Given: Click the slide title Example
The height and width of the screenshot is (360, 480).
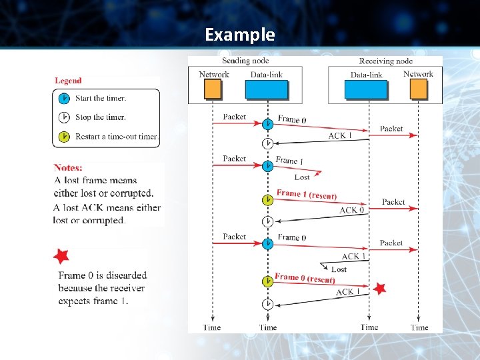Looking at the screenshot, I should click(239, 34).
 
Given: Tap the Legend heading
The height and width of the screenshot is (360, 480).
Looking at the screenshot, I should click(68, 81).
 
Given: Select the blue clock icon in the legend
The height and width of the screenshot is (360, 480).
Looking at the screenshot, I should click(64, 98).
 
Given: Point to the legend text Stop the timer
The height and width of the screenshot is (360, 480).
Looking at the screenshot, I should click(101, 117).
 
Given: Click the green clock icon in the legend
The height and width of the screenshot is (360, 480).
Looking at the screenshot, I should click(64, 137).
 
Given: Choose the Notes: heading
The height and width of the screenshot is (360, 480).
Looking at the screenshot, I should click(68, 168).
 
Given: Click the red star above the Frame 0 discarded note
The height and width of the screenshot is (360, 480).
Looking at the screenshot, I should click(61, 255).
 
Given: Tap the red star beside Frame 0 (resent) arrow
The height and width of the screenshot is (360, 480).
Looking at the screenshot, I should click(379, 289).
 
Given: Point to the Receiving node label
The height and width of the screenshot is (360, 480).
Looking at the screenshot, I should click(386, 61).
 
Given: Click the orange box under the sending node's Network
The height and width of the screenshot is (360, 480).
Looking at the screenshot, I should click(213, 89).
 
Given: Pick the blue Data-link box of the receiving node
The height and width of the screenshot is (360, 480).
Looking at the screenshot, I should click(366, 89).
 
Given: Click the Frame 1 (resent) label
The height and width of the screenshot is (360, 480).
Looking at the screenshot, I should click(306, 195).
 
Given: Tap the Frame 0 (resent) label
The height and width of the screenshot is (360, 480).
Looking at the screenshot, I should click(304, 279).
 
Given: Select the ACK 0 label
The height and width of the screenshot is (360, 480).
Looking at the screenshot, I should click(352, 210).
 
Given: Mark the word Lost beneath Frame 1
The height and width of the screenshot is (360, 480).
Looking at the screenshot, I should click(302, 177).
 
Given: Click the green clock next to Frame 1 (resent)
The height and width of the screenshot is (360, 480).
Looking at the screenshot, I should click(267, 199).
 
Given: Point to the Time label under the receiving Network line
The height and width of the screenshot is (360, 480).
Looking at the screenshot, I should click(419, 327).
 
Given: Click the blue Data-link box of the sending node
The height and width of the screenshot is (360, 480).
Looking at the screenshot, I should click(267, 89).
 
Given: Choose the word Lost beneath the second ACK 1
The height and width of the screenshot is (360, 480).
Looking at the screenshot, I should click(339, 269).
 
